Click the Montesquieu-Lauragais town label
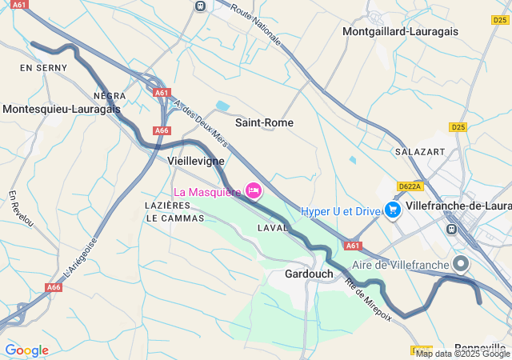62,108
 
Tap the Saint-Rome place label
264,122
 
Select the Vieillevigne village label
195,160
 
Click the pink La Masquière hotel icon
254,190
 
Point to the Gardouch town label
309,274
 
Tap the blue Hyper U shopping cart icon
392,210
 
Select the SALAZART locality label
419,150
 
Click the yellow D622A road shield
409,186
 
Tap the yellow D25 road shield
458,126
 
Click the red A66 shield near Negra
162,130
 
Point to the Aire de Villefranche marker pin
460,262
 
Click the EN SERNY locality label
38,69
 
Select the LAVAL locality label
272,228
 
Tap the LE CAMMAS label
170,218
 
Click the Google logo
26,350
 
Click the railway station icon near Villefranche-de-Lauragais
452,229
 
